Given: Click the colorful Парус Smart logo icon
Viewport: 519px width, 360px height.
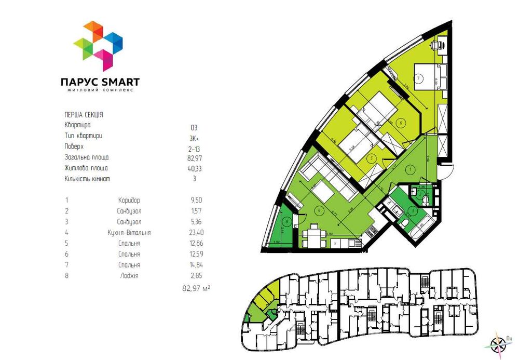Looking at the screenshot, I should coord(98,46).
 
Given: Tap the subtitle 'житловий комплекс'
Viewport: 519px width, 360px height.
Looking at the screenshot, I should coord(100,90).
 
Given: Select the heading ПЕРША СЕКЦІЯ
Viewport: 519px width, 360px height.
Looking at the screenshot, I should coord(83,114).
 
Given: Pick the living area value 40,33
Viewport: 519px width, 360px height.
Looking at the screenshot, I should coord(194,168).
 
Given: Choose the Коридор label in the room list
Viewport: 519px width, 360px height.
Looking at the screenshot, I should coord(129,200).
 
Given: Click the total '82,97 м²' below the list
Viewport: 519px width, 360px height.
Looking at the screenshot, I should coord(196,287).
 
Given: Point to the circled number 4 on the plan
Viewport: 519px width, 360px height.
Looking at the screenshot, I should coord(319,210).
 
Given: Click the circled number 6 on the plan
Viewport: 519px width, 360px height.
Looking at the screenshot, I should coord(401,123).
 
